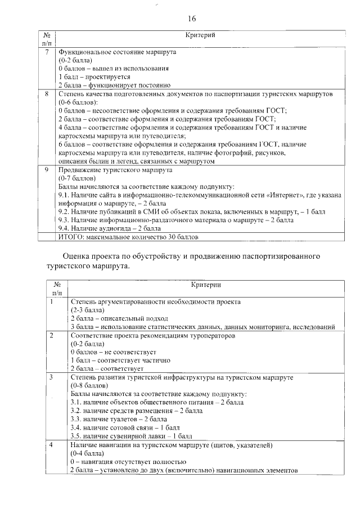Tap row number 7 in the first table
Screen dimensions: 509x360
[x=47, y=52]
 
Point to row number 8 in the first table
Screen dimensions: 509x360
[x=47, y=93]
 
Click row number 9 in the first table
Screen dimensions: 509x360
[x=47, y=169]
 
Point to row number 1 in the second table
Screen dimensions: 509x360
[x=51, y=301]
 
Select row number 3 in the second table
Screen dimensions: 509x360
[x=51, y=377]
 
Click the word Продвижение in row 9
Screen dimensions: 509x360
[x=79, y=169]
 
